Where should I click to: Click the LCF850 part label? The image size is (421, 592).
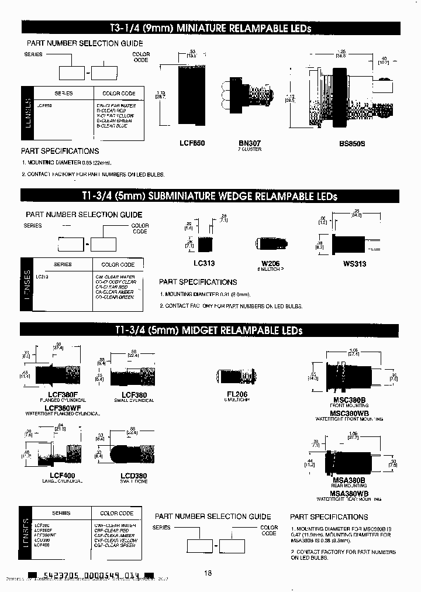pyautogui.click(x=192, y=143)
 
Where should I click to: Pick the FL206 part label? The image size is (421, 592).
pyautogui.click(x=236, y=394)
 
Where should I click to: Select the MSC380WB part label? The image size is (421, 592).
pyautogui.click(x=348, y=413)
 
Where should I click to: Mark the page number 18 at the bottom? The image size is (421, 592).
pyautogui.click(x=208, y=573)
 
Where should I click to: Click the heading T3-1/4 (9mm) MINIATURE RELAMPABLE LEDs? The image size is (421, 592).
pyautogui.click(x=210, y=28)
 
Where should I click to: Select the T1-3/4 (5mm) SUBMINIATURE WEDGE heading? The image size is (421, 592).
pyautogui.click(x=210, y=196)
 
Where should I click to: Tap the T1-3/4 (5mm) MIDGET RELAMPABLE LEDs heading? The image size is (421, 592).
pyautogui.click(x=210, y=331)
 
